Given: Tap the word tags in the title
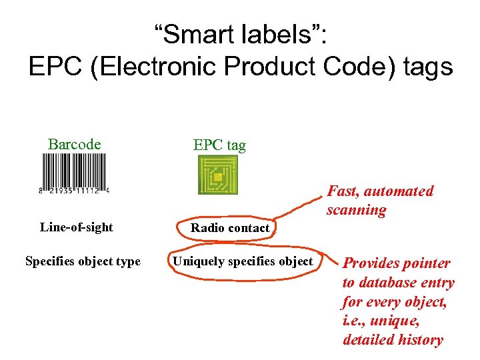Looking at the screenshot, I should tap(423, 67).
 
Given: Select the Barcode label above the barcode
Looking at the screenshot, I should tap(75, 144).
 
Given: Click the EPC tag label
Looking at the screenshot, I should tap(219, 145).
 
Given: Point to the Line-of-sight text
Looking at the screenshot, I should tap(77, 227).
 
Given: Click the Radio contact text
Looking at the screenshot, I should tap(230, 228).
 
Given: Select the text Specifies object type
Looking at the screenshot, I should tap(83, 261).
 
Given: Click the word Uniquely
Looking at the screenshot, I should tap(198, 261).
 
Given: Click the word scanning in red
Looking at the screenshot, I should tap(357, 210).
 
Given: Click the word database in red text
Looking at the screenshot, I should tap(387, 283).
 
